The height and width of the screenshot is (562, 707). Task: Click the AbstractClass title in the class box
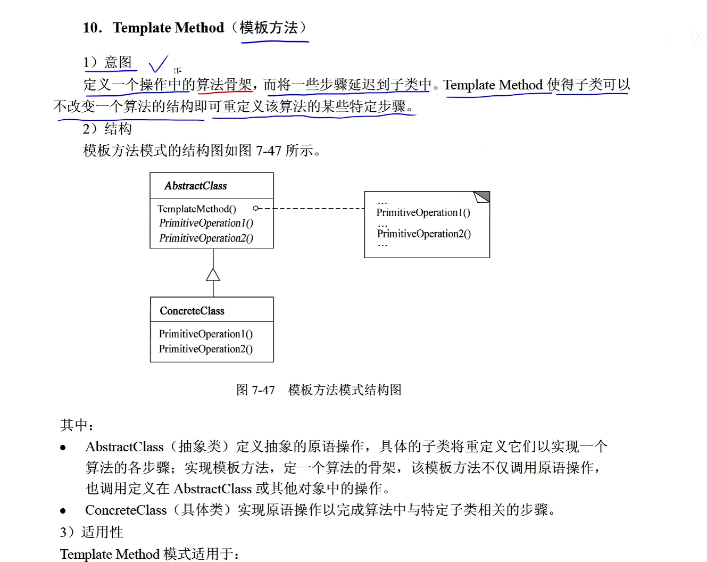click(195, 186)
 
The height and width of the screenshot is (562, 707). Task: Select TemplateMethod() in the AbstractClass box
click(196, 209)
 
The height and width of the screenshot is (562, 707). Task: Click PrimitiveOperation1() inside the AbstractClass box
click(206, 223)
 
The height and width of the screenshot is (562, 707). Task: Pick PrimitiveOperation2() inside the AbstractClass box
click(206, 238)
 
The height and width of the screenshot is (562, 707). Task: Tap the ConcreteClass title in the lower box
click(192, 311)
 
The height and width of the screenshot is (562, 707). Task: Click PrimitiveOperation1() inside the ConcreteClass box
click(206, 334)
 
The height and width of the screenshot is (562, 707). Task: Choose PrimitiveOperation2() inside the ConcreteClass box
click(206, 349)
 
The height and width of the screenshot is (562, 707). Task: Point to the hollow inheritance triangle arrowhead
click(213, 275)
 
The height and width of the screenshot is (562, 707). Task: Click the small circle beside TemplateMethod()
click(256, 209)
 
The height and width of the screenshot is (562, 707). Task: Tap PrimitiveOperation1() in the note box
click(423, 213)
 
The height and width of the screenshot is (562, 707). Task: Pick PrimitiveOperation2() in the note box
click(424, 234)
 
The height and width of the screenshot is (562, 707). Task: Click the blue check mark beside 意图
click(158, 64)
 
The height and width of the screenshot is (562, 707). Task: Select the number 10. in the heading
click(93, 28)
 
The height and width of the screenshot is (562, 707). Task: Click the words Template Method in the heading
click(168, 28)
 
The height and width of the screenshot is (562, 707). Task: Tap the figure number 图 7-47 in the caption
click(255, 390)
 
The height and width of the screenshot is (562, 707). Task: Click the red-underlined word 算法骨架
click(224, 85)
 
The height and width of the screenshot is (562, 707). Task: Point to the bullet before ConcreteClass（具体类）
click(63, 511)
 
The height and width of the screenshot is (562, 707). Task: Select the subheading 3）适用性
click(92, 532)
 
